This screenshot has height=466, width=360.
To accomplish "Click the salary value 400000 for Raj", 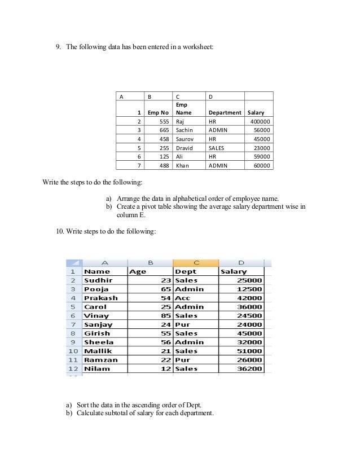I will point(260,121).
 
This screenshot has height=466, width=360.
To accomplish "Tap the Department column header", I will point(225,112).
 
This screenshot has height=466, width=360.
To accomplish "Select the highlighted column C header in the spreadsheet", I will point(195,262).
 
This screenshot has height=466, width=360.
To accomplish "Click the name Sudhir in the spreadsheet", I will point(98,280).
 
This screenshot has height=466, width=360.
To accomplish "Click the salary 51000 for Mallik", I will point(249,351).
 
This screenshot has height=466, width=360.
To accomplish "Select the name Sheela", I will point(99,342).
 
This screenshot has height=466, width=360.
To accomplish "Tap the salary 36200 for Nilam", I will point(249,368).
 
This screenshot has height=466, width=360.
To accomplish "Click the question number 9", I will point(58,47).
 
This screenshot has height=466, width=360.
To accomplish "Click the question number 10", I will point(60,231).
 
